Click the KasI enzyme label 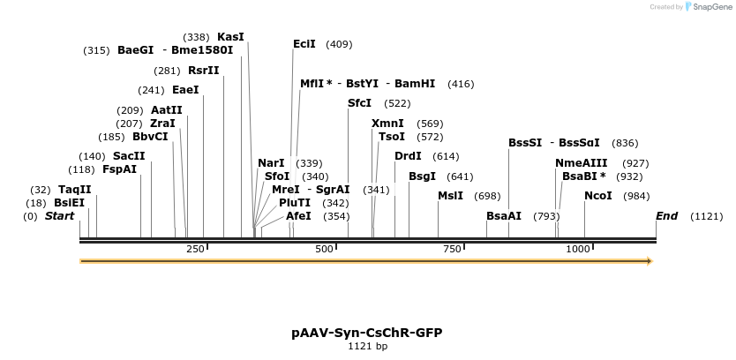click(230, 37)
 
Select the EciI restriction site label click(304, 44)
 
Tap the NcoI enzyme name click(597, 196)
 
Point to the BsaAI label click(504, 216)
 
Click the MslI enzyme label click(450, 196)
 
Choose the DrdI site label click(408, 156)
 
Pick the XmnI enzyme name click(387, 124)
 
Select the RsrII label click(203, 71)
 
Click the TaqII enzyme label click(74, 190)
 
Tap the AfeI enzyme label click(298, 216)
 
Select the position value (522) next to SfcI click(397, 103)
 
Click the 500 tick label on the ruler click(324, 250)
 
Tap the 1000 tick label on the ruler click(577, 250)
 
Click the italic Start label click(59, 216)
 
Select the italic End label click(666, 216)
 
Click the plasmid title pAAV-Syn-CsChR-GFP click(367, 333)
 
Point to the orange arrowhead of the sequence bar click(649, 261)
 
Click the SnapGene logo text click(711, 7)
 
